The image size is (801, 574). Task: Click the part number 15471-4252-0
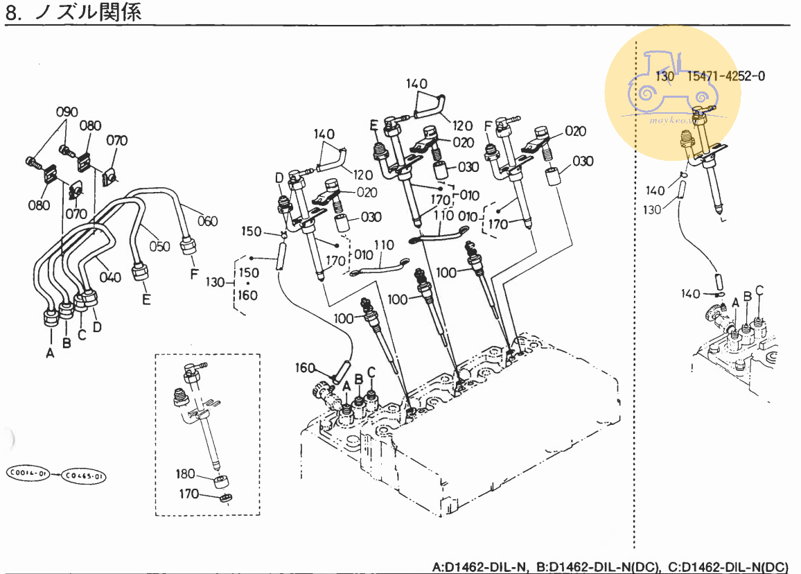[726, 76]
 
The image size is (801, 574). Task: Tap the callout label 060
[207, 221]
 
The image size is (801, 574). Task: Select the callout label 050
[159, 246]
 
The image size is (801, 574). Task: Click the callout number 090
[67, 112]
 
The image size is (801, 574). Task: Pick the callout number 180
[185, 474]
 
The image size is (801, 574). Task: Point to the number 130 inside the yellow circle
[664, 76]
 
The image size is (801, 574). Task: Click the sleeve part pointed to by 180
[221, 481]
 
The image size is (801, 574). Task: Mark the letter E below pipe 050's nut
[146, 299]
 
